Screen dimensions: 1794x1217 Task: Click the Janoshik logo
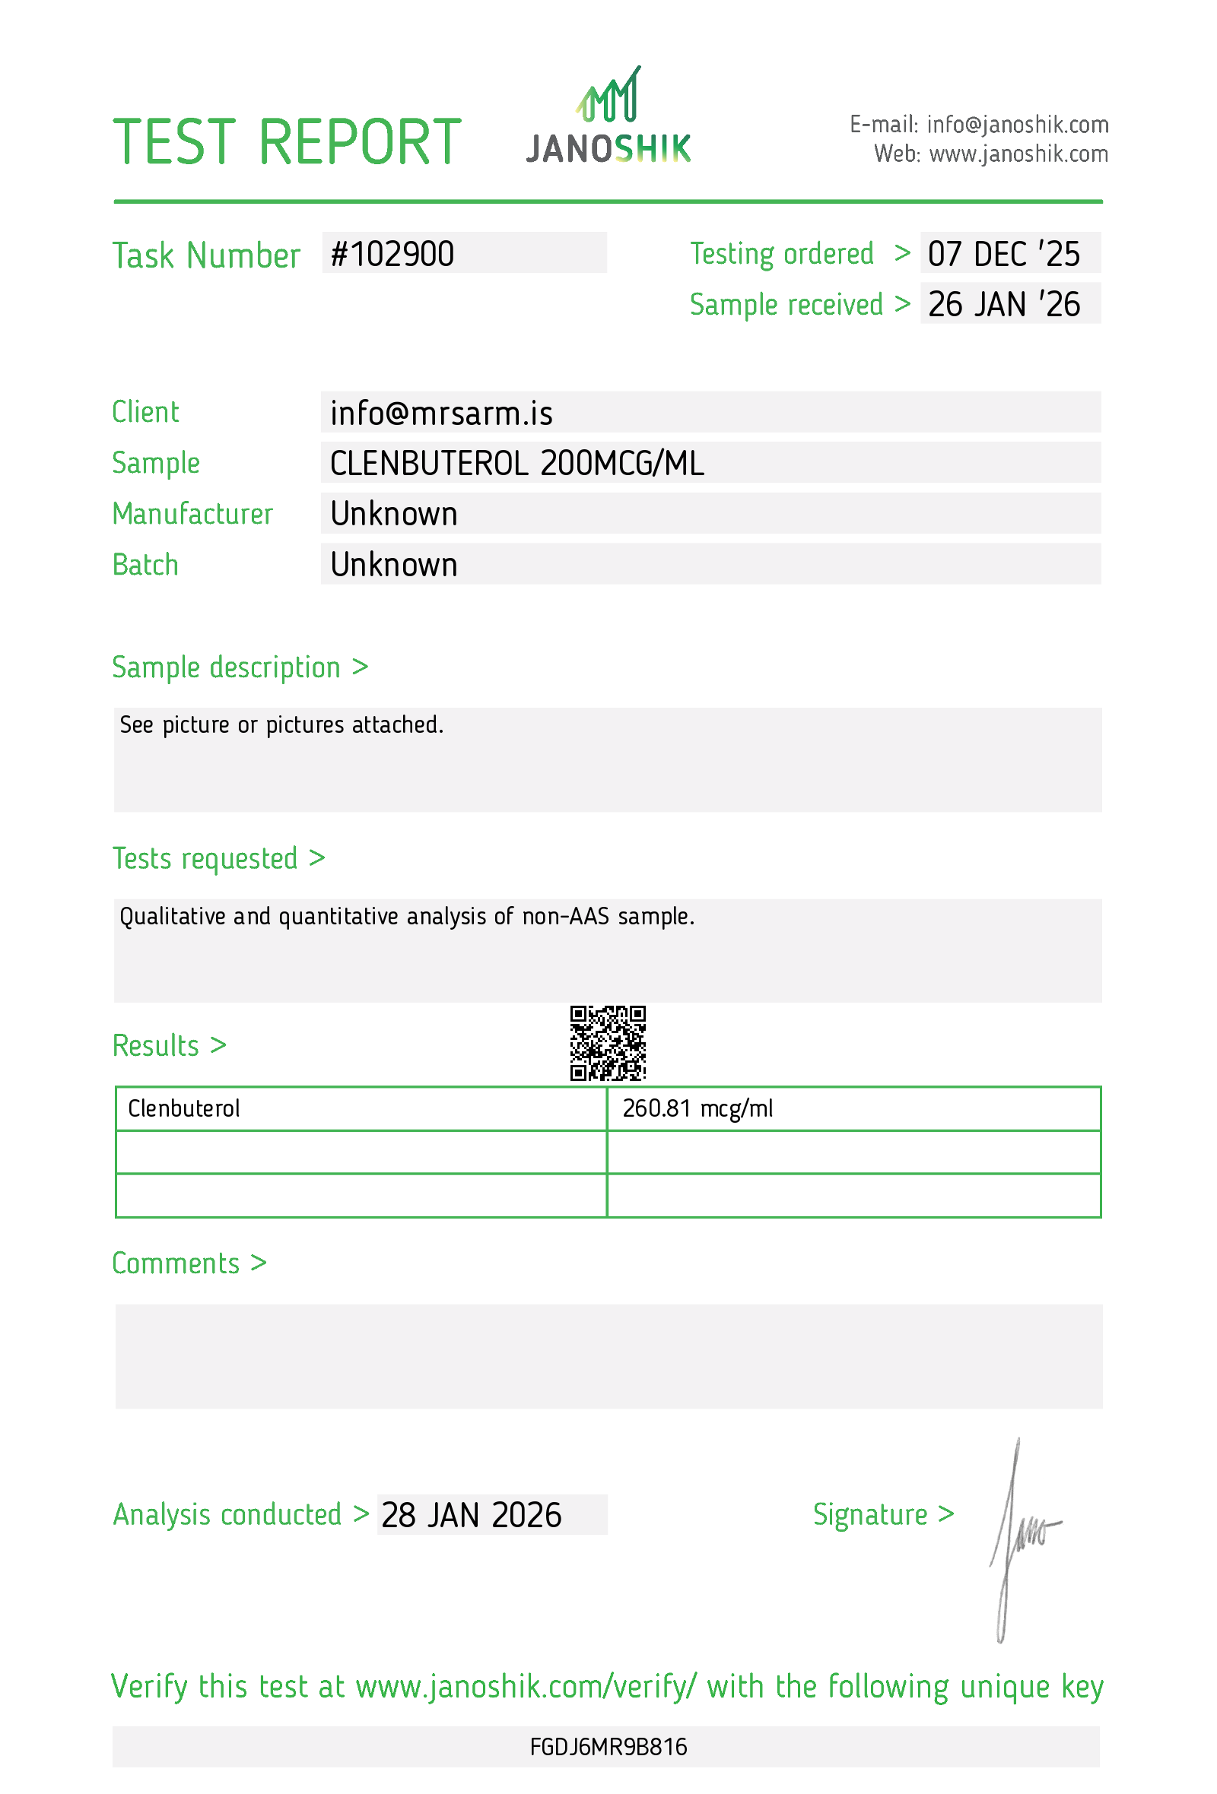tap(608, 117)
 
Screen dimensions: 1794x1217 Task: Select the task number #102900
tap(392, 254)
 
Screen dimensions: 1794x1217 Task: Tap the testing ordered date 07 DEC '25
tap(1003, 254)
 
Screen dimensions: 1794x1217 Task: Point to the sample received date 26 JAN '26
tap(1003, 304)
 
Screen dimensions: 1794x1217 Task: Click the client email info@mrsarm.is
tap(441, 413)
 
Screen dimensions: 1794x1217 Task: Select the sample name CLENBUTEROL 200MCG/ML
tap(516, 463)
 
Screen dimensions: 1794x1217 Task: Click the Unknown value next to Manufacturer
tap(394, 514)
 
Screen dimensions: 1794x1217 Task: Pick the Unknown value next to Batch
tap(394, 565)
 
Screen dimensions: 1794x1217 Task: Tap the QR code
tap(608, 1042)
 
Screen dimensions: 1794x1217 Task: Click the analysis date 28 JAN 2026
tap(471, 1514)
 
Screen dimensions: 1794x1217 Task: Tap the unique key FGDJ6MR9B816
tap(608, 1746)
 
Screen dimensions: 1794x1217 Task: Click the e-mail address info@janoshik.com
tap(1017, 124)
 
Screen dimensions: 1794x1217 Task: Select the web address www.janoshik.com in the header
tap(1018, 154)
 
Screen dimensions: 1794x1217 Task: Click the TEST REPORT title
tap(287, 142)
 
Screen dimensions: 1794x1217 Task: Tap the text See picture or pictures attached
tap(281, 725)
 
